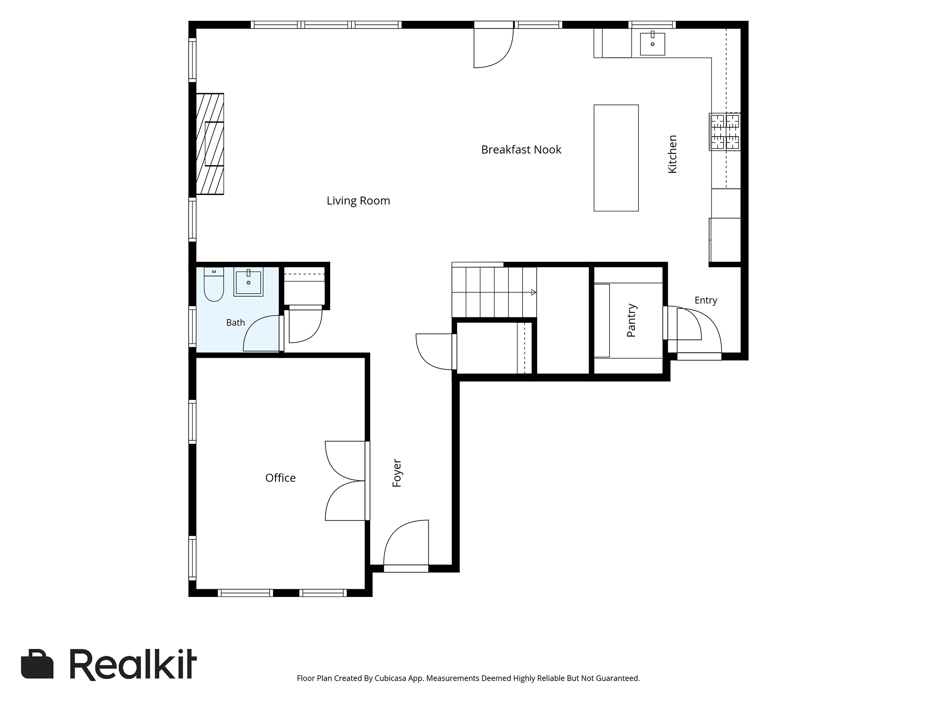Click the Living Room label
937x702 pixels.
[358, 201]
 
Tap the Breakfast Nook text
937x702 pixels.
[521, 150]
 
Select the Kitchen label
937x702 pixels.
[672, 154]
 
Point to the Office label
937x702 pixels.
[280, 478]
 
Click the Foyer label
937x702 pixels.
[397, 473]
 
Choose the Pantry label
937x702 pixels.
[631, 320]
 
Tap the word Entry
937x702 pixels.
[706, 300]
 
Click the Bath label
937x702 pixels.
[236, 322]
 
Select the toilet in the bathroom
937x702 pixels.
[214, 284]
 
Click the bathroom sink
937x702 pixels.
[248, 281]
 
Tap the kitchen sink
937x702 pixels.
[652, 43]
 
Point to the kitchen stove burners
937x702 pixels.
[724, 131]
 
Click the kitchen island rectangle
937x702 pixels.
[616, 158]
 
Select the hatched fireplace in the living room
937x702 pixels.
[210, 144]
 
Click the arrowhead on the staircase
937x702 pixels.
[534, 292]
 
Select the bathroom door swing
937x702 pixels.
[261, 333]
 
